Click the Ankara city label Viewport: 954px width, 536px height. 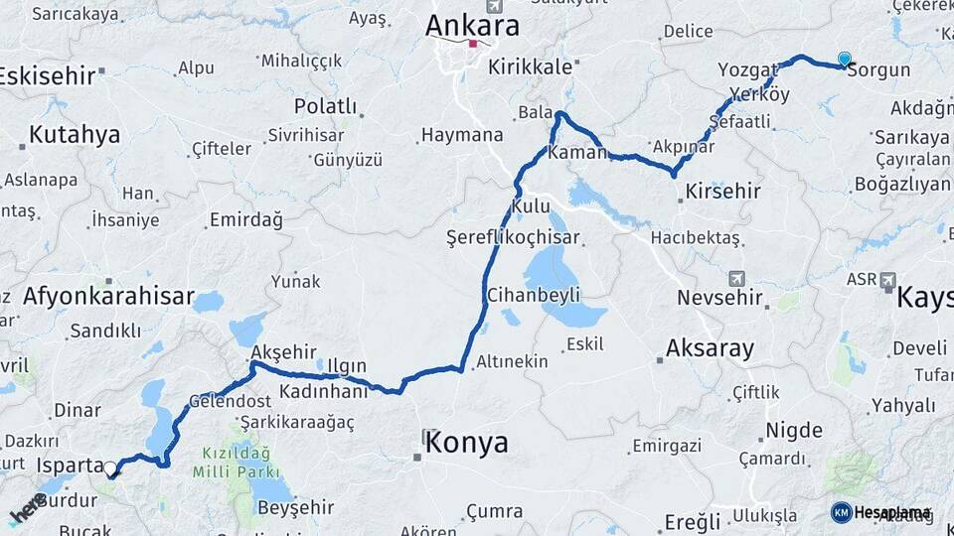[x=472, y=25]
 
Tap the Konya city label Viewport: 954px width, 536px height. [x=466, y=443]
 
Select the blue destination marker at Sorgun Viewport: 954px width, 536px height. [x=844, y=60]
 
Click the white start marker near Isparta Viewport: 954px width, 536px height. [x=111, y=469]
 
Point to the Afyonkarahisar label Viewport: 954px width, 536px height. [x=108, y=295]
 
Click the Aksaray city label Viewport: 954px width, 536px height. [x=710, y=348]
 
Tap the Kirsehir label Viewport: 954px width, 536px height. [x=722, y=192]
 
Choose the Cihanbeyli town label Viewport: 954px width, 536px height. [x=533, y=295]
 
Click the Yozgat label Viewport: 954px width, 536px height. [x=746, y=69]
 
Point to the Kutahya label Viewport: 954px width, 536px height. [x=75, y=134]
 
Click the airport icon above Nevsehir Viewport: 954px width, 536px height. [x=736, y=278]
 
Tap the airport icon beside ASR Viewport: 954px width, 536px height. [x=888, y=281]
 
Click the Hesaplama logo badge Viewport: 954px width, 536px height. [x=880, y=512]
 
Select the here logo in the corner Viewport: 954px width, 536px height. [x=28, y=508]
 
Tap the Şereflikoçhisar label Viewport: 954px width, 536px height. [x=513, y=238]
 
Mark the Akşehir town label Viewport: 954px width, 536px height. [x=283, y=351]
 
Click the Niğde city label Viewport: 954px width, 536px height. [x=793, y=431]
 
